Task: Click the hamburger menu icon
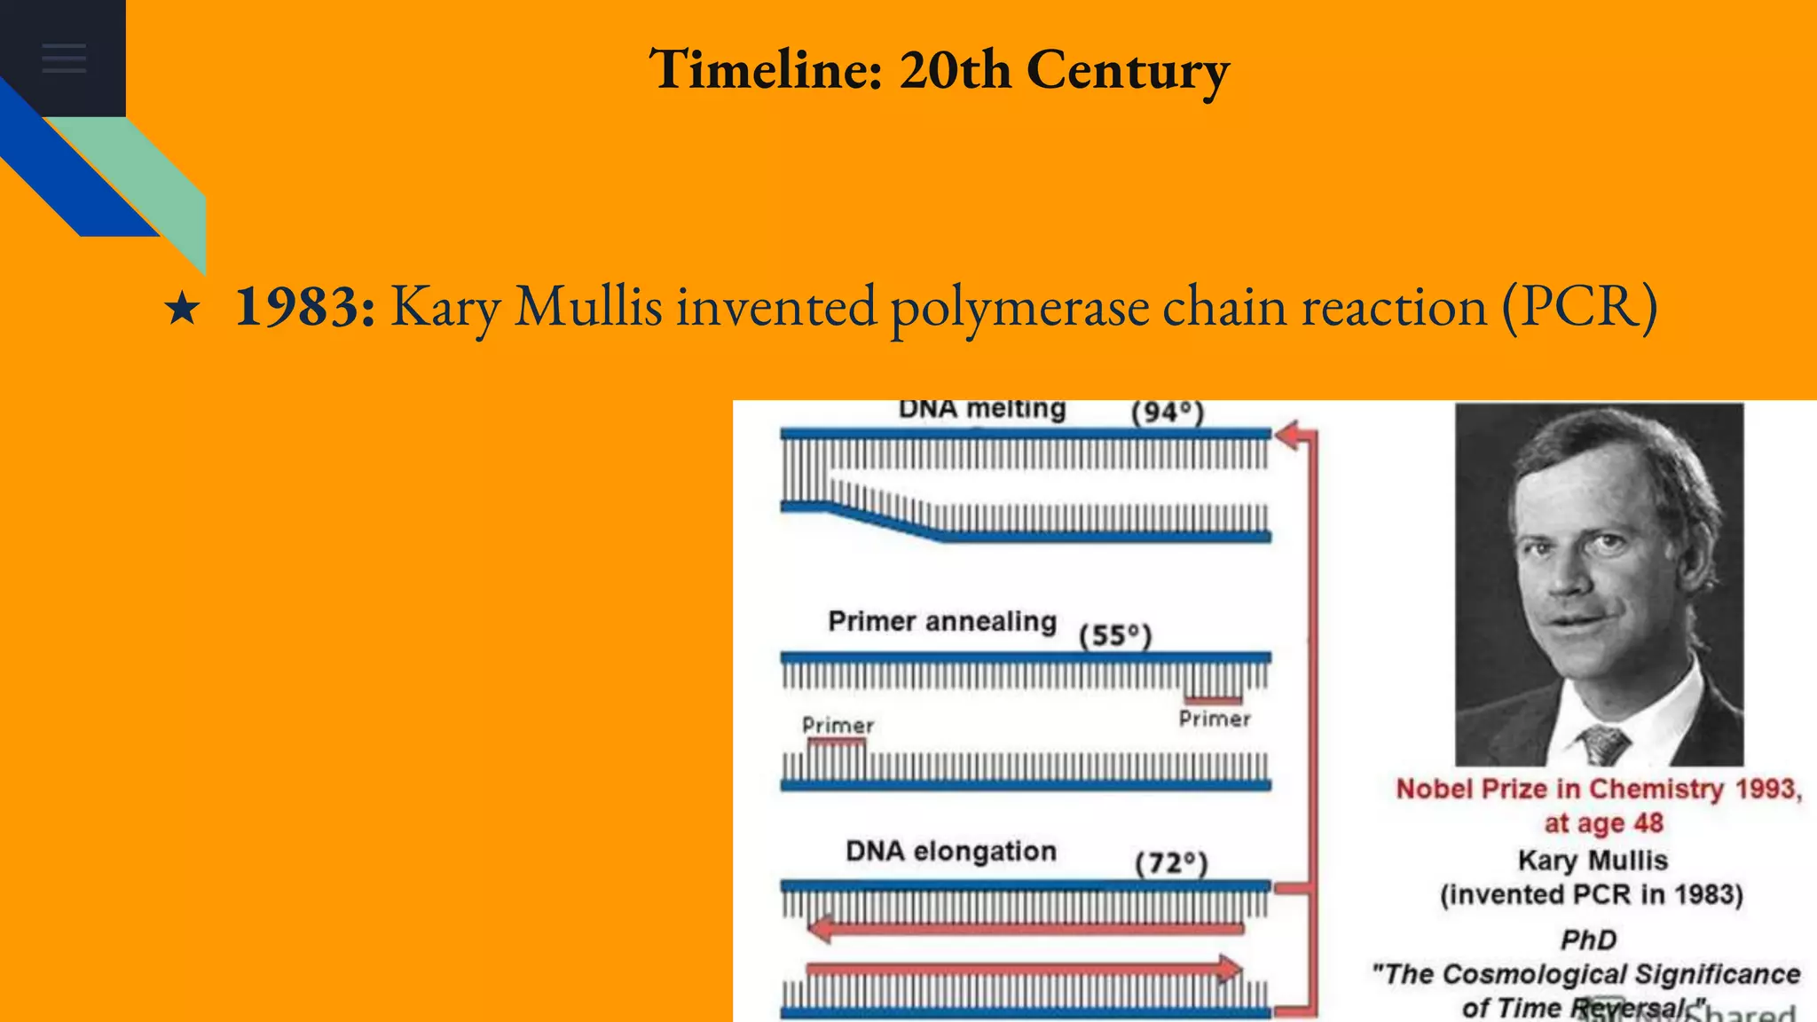64,58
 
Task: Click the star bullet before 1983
182,310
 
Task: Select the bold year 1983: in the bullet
304,307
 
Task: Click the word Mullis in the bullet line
588,307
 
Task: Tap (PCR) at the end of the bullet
1578,307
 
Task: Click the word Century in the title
1128,70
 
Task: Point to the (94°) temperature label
1167,413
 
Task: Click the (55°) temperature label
1114,636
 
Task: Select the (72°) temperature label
1171,863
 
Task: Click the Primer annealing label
941,621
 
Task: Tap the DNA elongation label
950,851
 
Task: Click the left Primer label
838,725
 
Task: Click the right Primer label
1215,719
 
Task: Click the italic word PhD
1588,939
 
